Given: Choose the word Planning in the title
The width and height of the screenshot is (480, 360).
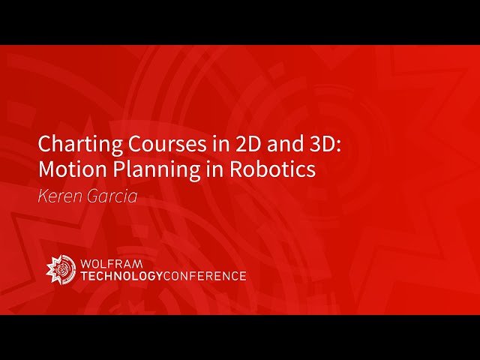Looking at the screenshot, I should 141,170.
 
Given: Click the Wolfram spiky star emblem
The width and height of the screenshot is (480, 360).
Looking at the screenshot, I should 60,269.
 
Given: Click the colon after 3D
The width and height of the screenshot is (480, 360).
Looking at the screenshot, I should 338,145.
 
